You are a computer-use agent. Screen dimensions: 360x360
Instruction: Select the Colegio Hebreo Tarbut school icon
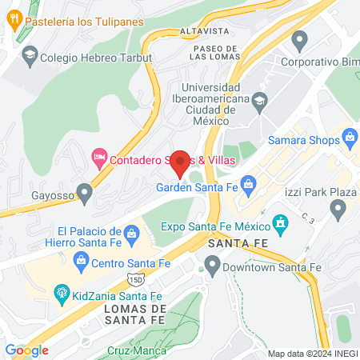[30, 54]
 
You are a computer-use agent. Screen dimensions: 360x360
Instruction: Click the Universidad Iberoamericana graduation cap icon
[259, 101]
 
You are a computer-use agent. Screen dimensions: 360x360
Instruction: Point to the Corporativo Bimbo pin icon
[300, 38]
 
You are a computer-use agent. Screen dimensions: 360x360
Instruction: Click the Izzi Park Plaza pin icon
[338, 210]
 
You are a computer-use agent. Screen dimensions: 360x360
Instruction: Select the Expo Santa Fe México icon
[280, 222]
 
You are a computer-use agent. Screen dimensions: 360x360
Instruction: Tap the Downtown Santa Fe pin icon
[212, 263]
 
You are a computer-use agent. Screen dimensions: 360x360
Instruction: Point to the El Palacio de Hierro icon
[146, 233]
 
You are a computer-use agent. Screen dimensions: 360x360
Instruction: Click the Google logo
[26, 350]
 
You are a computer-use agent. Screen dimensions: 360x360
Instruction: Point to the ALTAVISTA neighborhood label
[206, 31]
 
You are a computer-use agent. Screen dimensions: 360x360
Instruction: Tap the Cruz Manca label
[137, 350]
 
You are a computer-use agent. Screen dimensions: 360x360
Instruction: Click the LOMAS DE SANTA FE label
[135, 314]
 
